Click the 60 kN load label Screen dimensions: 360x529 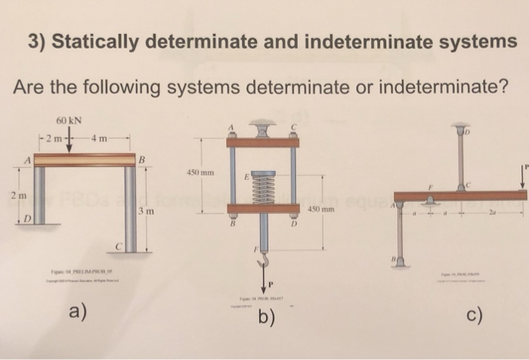tap(69, 121)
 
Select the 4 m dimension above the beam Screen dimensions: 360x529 tap(99, 138)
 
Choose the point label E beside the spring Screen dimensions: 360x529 tap(246, 176)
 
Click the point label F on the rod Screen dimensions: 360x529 tap(255, 247)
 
